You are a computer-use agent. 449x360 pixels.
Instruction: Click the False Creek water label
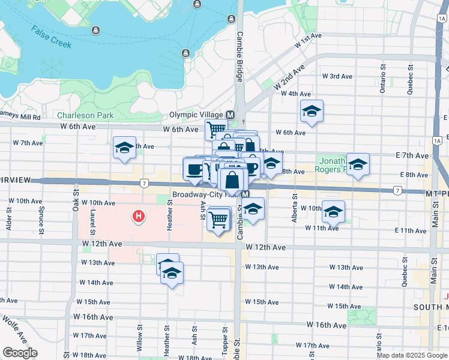click(52, 38)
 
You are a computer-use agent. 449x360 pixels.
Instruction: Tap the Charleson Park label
click(85, 115)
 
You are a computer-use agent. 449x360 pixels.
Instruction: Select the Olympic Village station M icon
click(230, 115)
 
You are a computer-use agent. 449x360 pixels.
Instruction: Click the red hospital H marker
click(139, 215)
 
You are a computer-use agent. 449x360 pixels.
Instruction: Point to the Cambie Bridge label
click(240, 56)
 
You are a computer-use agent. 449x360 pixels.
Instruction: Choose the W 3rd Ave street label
click(337, 76)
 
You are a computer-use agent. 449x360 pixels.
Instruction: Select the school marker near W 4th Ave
click(312, 112)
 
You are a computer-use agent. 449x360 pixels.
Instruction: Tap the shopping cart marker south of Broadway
click(219, 219)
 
